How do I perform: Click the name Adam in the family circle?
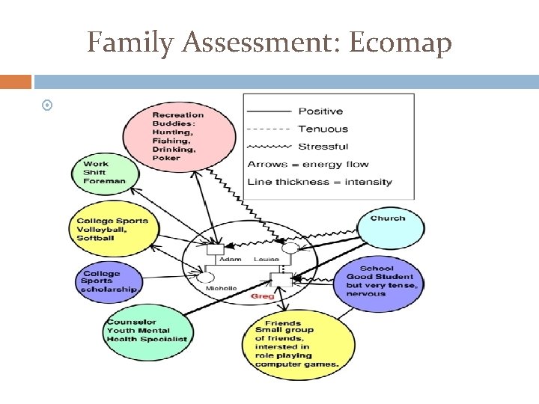click(231, 259)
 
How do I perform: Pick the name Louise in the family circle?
click(267, 259)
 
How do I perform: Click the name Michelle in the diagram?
click(222, 288)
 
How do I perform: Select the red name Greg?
click(262, 296)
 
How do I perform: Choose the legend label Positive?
click(320, 111)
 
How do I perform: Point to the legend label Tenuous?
click(323, 129)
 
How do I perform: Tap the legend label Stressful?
click(324, 146)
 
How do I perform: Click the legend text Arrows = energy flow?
click(308, 164)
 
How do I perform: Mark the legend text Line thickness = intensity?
click(320, 181)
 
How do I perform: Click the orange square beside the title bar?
click(16, 81)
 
